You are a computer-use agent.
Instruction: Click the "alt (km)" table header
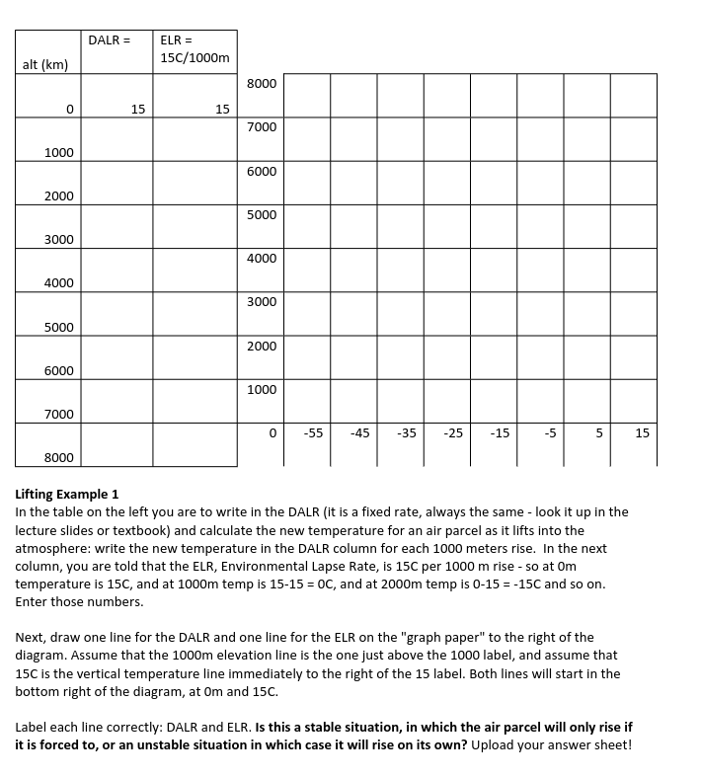tap(44, 65)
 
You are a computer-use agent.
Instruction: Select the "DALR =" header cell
tap(109, 40)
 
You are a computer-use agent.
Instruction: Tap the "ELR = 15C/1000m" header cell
tap(194, 49)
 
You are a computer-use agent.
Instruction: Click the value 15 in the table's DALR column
tap(138, 109)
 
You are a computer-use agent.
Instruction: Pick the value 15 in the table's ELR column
tap(222, 109)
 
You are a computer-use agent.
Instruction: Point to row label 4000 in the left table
tap(58, 283)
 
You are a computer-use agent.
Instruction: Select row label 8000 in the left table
tap(58, 457)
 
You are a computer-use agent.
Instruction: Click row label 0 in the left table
tap(70, 109)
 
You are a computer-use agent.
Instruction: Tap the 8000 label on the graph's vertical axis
tap(261, 84)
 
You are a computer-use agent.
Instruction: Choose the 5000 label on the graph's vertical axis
tap(261, 214)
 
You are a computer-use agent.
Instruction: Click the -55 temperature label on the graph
tap(313, 432)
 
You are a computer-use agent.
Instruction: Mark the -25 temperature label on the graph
tap(453, 432)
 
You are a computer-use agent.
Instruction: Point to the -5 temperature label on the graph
tap(550, 432)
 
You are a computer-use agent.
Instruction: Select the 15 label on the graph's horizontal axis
tap(642, 432)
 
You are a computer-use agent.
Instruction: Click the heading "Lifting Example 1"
tap(67, 494)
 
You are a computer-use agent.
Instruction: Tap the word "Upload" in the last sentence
tap(494, 744)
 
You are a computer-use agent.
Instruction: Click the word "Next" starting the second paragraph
tap(31, 638)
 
